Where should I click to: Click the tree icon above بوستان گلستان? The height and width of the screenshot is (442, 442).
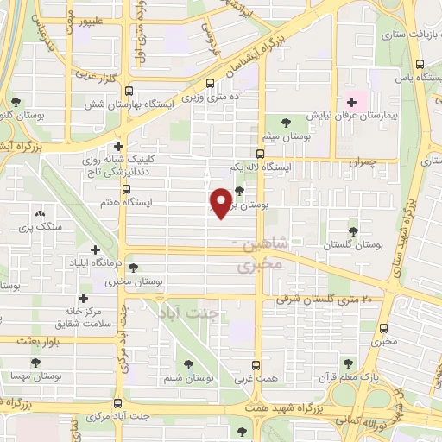[x=352, y=230]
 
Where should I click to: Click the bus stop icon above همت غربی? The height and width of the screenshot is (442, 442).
[x=256, y=365]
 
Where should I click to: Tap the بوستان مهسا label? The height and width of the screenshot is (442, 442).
[x=31, y=377]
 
